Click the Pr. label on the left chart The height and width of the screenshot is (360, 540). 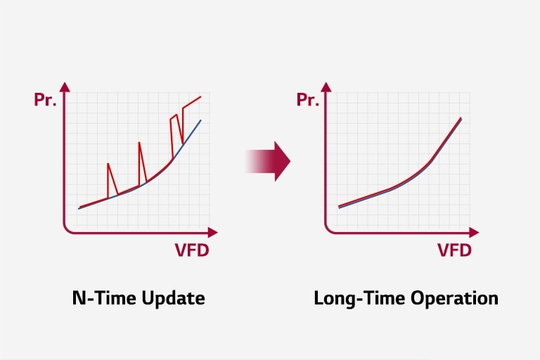(45, 99)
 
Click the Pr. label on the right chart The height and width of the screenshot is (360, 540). (307, 99)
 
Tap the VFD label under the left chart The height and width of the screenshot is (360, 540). (191, 250)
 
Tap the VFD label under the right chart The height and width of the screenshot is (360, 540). (454, 250)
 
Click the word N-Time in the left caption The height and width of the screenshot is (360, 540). (98, 298)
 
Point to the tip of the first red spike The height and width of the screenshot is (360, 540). (108, 164)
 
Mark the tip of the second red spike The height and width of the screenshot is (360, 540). (139, 142)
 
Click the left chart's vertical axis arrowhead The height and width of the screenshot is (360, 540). (65, 87)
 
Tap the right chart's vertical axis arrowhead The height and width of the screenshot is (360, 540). (326, 87)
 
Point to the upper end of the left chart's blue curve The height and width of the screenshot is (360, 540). (201, 120)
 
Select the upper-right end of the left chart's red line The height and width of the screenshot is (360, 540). (201, 96)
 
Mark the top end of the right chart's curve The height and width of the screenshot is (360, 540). (461, 118)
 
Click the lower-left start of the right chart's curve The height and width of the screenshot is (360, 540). (339, 207)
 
